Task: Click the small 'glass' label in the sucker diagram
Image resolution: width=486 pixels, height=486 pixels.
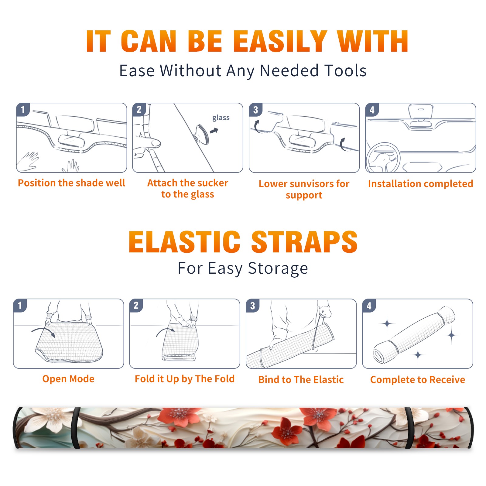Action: [x=221, y=118]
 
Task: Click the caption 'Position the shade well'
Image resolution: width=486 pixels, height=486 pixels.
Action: [x=71, y=183]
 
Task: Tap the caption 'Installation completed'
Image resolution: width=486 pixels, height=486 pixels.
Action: [x=420, y=183]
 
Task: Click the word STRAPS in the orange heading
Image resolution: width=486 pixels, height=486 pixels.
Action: [x=304, y=242]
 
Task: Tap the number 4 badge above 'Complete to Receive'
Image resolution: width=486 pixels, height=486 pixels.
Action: [x=369, y=306]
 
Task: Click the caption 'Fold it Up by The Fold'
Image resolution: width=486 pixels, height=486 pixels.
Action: [x=185, y=379]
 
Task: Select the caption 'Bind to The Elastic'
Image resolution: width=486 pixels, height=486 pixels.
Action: [x=301, y=380]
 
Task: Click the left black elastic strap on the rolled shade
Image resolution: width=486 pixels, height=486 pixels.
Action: [x=76, y=428]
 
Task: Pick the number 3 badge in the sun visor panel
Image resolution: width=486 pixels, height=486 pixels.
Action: [x=255, y=110]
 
